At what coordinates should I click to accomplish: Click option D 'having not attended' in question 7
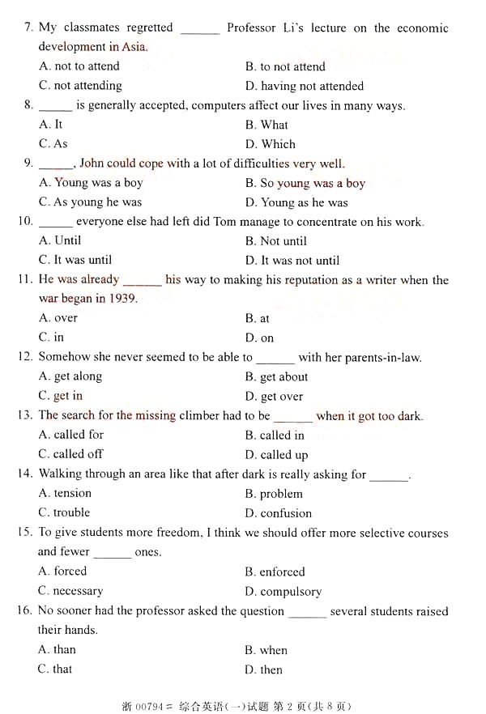pyautogui.click(x=304, y=86)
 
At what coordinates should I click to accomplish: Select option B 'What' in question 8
pyautogui.click(x=266, y=125)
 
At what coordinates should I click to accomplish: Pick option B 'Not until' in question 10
pyautogui.click(x=275, y=241)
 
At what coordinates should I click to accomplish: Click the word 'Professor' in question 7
pyautogui.click(x=251, y=28)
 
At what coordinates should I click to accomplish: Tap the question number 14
pyautogui.click(x=25, y=474)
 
